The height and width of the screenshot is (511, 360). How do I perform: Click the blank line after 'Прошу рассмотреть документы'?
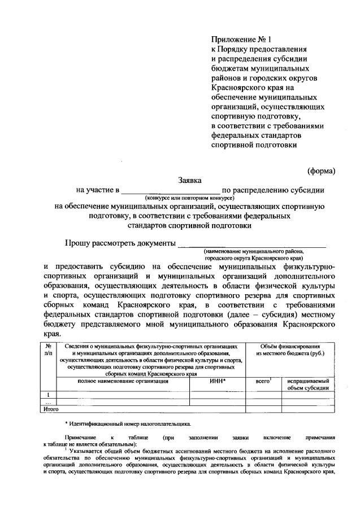pyautogui.click(x=251, y=244)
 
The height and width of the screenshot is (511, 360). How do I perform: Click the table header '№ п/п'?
pyautogui.click(x=49, y=349)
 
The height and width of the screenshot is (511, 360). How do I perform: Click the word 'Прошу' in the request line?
pyautogui.click(x=79, y=243)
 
